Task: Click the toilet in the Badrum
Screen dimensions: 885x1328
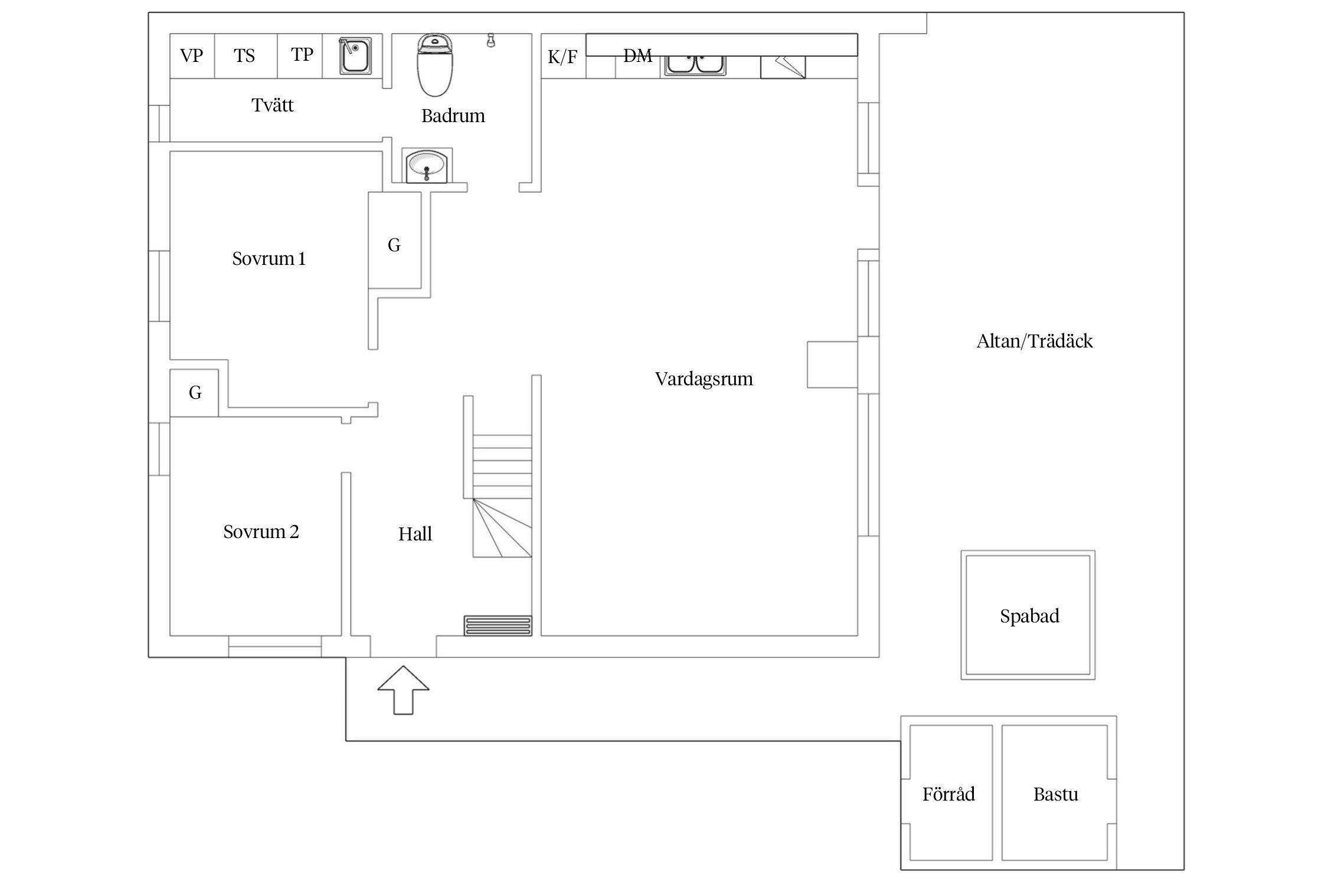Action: (435, 66)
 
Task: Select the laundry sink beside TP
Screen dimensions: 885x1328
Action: (355, 56)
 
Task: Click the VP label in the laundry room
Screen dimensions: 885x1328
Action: (192, 56)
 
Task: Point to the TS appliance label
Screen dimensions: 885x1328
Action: (244, 56)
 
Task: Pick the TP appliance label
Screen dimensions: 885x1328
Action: (302, 55)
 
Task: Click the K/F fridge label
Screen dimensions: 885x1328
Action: (562, 57)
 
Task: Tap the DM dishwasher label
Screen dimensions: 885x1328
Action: (637, 56)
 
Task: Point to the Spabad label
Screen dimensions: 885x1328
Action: (1029, 616)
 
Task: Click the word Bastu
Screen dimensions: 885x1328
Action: (1055, 794)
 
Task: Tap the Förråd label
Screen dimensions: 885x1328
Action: (948, 794)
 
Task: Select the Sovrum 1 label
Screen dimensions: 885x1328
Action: (269, 258)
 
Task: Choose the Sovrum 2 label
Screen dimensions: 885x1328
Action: (261, 532)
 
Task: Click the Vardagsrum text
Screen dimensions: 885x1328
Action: (704, 379)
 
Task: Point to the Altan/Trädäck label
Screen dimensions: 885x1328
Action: (1035, 341)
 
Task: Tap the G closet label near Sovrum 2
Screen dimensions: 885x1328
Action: (195, 392)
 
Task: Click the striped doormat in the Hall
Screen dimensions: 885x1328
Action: (498, 625)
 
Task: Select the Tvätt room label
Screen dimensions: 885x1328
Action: (272, 105)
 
